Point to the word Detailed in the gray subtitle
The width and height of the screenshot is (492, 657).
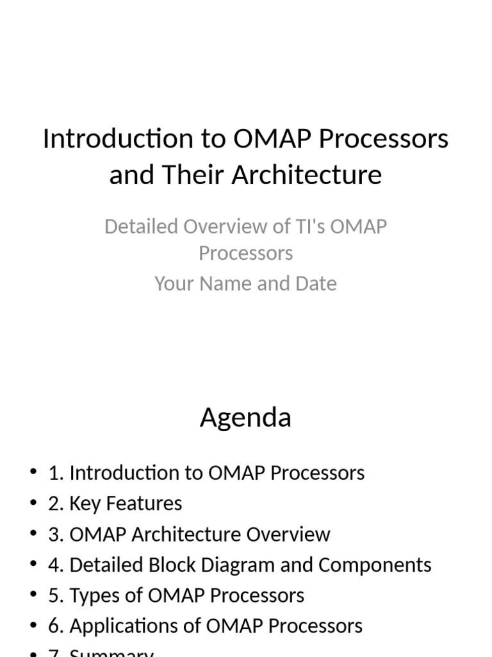tap(141, 226)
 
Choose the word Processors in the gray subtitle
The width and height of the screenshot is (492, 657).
tap(245, 253)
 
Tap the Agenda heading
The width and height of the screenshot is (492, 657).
tap(245, 418)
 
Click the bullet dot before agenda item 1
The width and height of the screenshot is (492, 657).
tap(33, 473)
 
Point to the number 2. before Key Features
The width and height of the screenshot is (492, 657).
tap(56, 504)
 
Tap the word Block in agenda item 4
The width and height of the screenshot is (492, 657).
tap(169, 565)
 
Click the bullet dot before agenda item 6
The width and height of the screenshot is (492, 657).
tap(33, 626)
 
